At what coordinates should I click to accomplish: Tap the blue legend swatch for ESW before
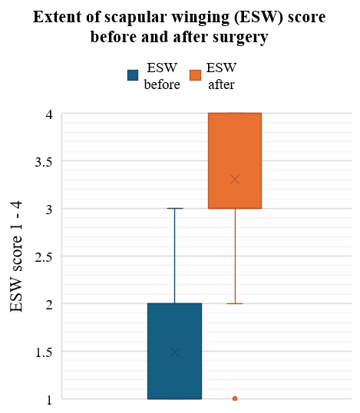pyautogui.click(x=133, y=74)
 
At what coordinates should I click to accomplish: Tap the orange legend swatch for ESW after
pyautogui.click(x=195, y=74)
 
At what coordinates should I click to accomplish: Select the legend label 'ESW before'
pyautogui.click(x=162, y=76)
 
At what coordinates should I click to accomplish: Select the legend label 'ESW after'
pyautogui.click(x=222, y=76)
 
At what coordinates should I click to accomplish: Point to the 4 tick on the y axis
pyautogui.click(x=48, y=114)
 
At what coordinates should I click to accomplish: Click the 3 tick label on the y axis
pyautogui.click(x=48, y=209)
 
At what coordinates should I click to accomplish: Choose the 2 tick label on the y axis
pyautogui.click(x=48, y=304)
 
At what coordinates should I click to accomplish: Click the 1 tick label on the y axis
pyautogui.click(x=48, y=399)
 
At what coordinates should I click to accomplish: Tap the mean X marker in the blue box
pyautogui.click(x=174, y=352)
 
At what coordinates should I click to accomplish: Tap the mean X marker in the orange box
pyautogui.click(x=235, y=180)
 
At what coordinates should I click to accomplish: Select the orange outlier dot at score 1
pyautogui.click(x=235, y=398)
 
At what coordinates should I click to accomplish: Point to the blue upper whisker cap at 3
pyautogui.click(x=175, y=208)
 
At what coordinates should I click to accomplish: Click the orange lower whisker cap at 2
pyautogui.click(x=235, y=303)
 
